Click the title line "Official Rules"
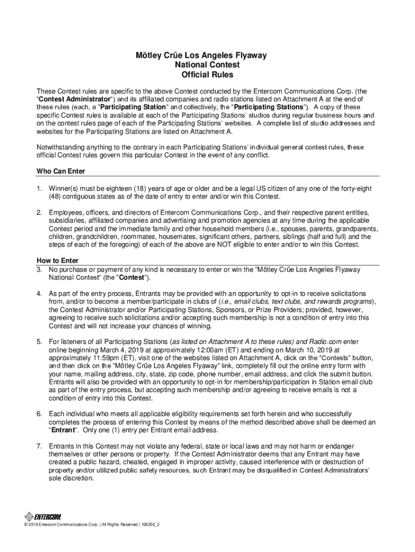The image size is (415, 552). [207, 75]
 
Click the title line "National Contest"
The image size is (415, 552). [207, 65]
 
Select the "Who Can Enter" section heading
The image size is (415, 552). [60, 171]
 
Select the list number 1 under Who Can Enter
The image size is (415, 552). [39, 188]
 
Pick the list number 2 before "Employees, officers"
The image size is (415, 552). [39, 212]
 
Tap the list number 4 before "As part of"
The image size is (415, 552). [39, 293]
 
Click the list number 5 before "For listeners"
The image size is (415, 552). [39, 342]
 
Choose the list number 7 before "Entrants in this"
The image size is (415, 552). [39, 446]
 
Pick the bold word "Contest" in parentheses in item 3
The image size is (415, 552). [130, 277]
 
